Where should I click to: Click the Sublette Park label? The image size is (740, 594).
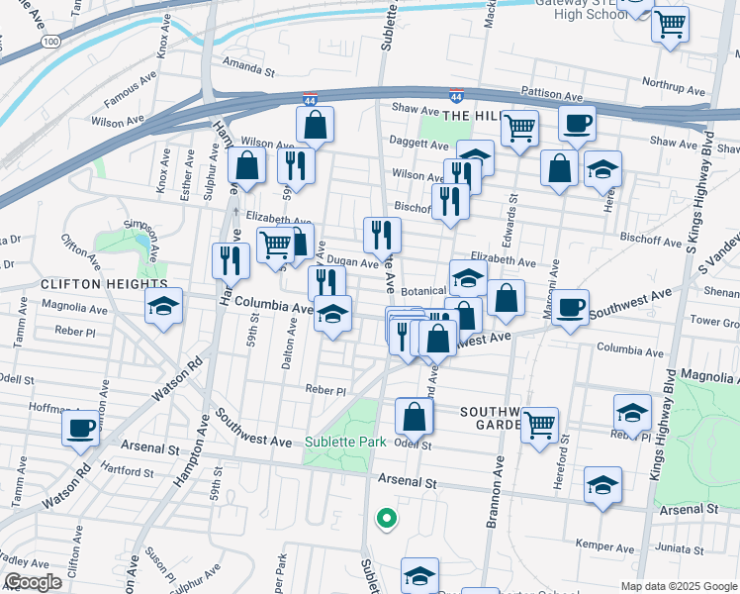345,442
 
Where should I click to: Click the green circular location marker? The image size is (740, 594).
386,517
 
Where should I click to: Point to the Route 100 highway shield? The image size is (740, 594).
51,41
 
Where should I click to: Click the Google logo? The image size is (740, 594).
33,582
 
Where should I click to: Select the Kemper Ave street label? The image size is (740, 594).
607,545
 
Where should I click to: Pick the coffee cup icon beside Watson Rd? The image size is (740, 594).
79,429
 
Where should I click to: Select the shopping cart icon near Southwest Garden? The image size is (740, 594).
539,425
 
